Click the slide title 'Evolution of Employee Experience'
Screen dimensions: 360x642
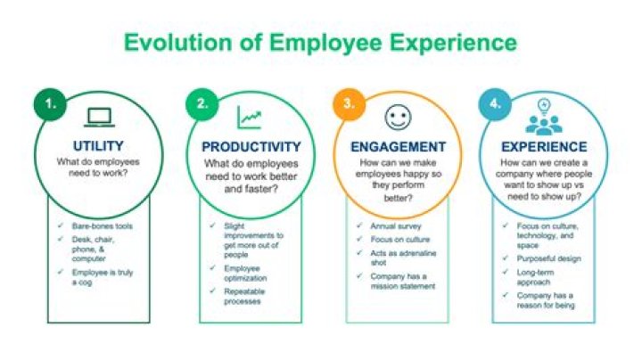coord(320,43)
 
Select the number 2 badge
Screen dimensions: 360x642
coord(202,104)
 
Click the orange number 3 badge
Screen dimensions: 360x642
coord(349,104)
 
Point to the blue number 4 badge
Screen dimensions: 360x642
coord(495,104)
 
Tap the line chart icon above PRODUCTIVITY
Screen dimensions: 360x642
coord(249,117)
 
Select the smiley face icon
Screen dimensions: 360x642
coord(397,117)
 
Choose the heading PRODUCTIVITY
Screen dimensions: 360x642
coord(251,146)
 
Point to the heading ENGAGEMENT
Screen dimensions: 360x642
coord(398,146)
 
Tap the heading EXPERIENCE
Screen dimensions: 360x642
coord(544,146)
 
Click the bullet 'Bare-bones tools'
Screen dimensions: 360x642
coord(102,226)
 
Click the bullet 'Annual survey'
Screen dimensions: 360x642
coord(392,226)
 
